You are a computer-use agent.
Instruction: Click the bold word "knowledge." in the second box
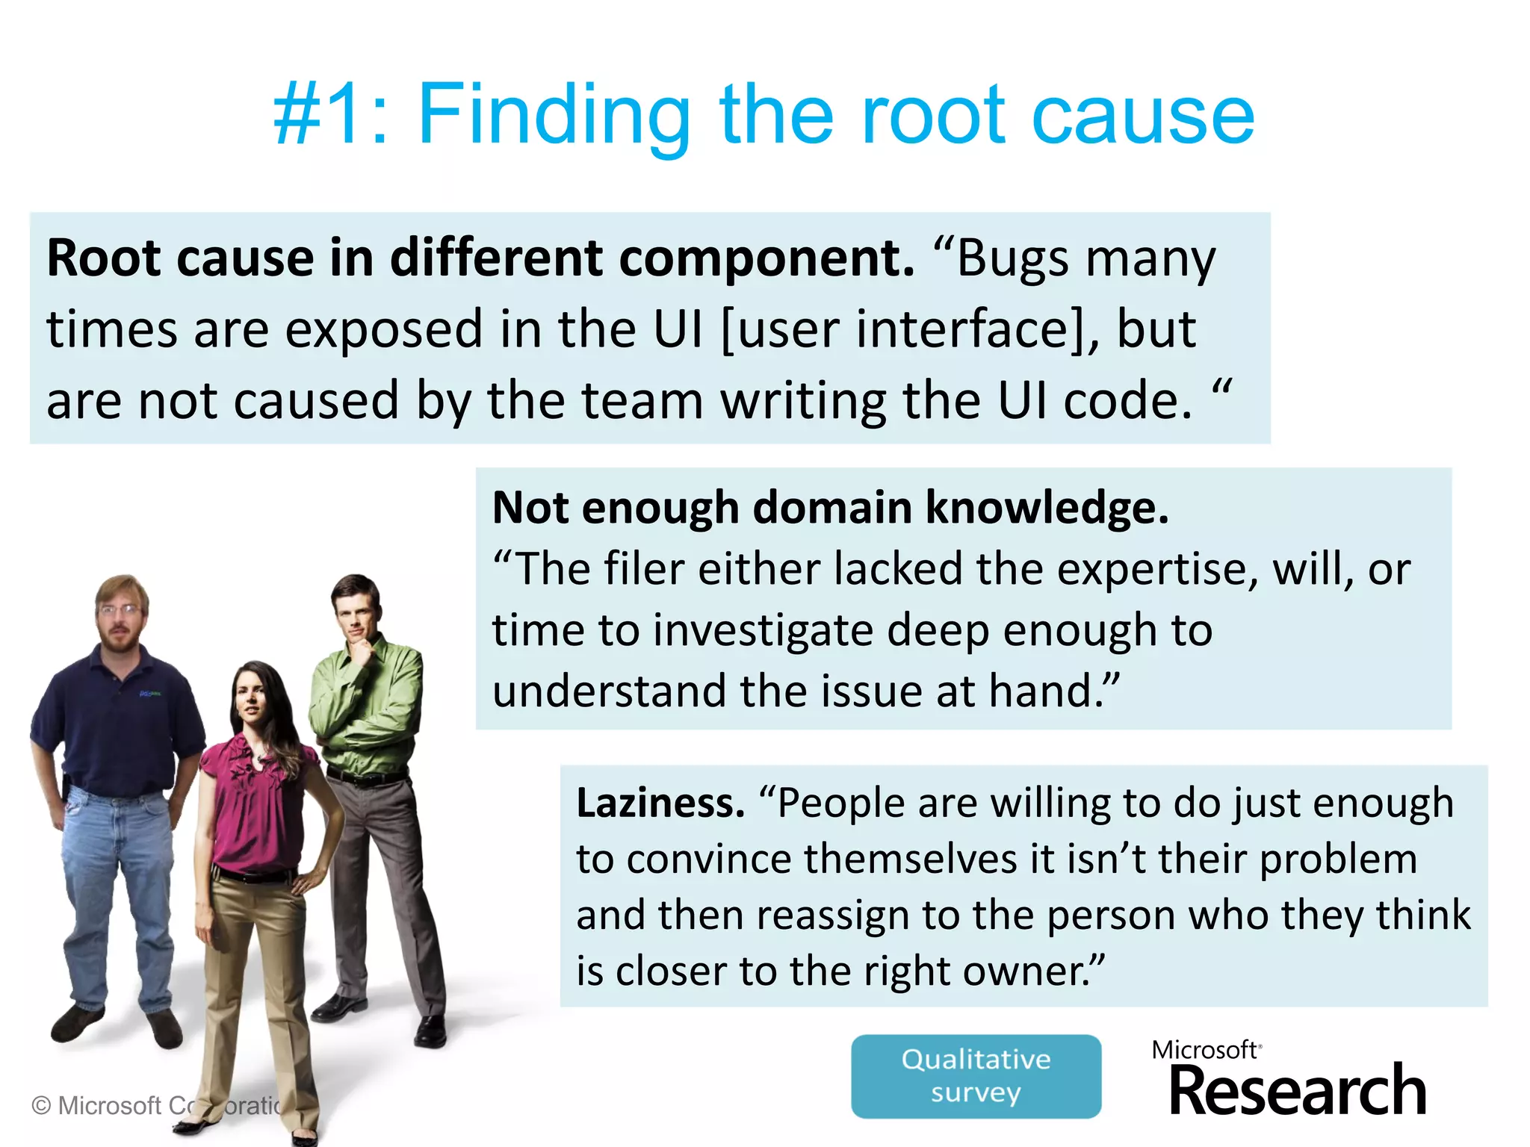click(x=1047, y=508)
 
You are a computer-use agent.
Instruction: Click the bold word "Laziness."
click(x=660, y=803)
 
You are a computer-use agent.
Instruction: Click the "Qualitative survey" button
click(x=976, y=1076)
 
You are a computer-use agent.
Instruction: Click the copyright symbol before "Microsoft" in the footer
click(x=42, y=1105)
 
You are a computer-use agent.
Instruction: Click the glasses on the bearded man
click(x=120, y=610)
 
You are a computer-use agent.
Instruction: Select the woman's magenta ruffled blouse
click(x=254, y=799)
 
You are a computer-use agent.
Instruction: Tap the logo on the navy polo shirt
click(x=150, y=694)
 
